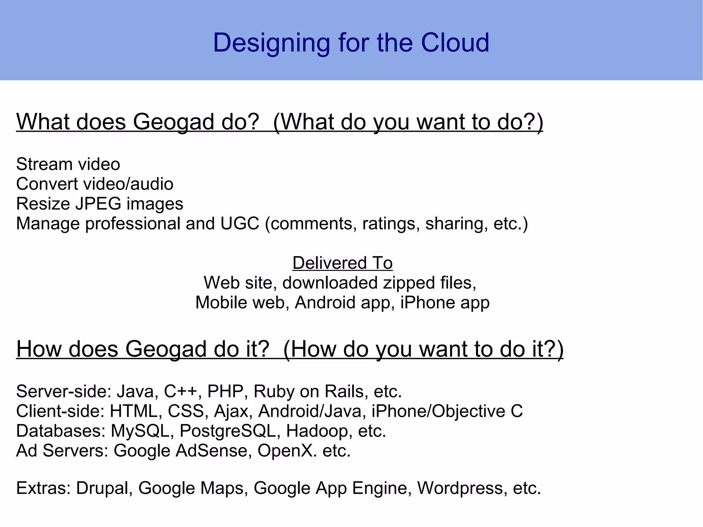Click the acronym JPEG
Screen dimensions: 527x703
98,204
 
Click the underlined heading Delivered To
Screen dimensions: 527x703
342,263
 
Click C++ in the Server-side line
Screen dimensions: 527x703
182,391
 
